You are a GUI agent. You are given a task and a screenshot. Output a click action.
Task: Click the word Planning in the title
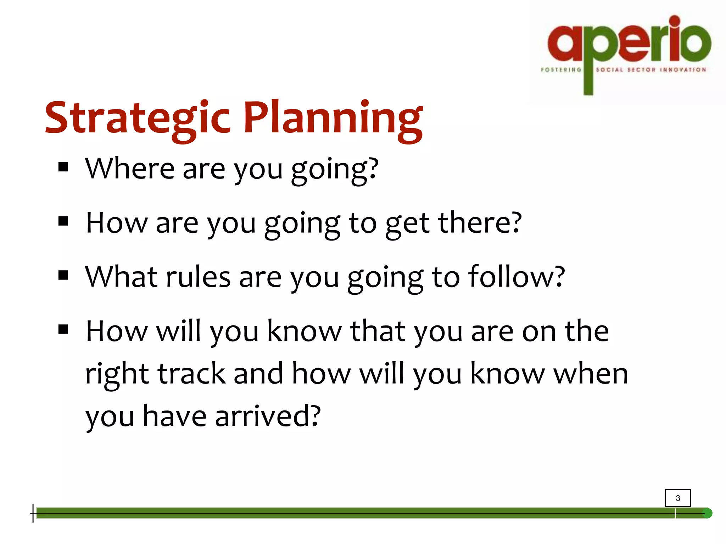[x=333, y=118]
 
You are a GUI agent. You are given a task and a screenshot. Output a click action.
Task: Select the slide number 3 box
[x=677, y=498]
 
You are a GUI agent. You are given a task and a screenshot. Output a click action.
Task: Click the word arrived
[x=268, y=416]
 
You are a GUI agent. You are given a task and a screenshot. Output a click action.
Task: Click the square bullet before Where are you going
[x=63, y=167]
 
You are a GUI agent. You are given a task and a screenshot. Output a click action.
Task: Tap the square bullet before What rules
[x=63, y=275]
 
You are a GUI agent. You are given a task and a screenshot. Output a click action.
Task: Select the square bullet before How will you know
[x=63, y=330]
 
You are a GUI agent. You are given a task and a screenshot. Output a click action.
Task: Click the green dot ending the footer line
[x=707, y=513]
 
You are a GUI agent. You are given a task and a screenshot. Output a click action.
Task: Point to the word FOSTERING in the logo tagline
[x=561, y=70]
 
